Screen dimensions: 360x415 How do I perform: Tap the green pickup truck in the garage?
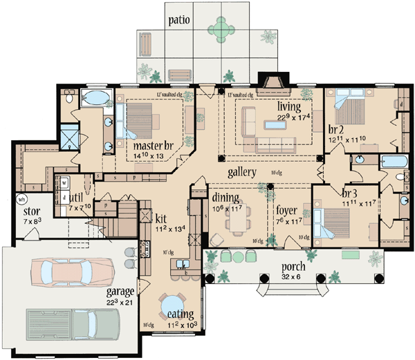pyautogui.click(x=73, y=322)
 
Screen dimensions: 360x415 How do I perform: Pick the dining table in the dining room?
pyautogui.click(x=239, y=221)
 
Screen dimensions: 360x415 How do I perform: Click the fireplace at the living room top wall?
pyautogui.click(x=266, y=81)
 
